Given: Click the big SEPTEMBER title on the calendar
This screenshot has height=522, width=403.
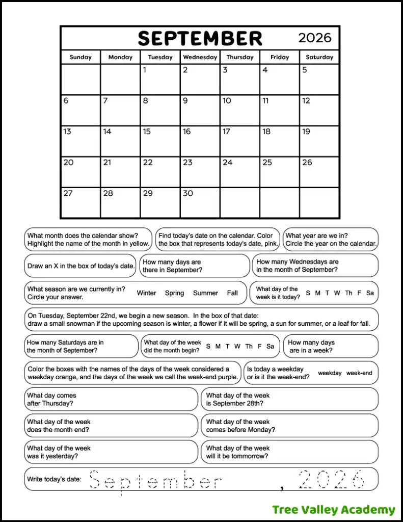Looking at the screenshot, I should [x=200, y=38].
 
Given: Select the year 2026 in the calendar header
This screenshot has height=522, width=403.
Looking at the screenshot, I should [x=314, y=38].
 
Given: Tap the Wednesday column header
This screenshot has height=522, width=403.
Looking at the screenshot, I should [x=200, y=57].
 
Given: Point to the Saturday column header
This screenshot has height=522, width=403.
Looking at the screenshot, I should [x=319, y=57].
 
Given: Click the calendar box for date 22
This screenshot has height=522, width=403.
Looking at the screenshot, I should [x=160, y=172].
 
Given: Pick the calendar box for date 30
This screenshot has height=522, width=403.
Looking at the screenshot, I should [x=200, y=202].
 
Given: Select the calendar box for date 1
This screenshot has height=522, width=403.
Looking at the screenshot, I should [x=160, y=80].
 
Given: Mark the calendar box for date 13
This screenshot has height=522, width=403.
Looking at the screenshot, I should [x=80, y=141].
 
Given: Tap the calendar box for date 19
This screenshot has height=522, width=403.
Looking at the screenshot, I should [x=319, y=141].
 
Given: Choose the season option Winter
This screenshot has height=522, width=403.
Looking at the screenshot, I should [x=146, y=293].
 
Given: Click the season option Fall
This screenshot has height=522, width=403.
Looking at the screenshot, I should [x=232, y=293].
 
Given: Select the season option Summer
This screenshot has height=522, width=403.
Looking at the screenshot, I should [x=205, y=293].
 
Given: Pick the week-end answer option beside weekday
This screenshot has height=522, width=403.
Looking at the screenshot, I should [x=359, y=373].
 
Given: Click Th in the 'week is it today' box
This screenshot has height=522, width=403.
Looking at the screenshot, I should [x=348, y=293].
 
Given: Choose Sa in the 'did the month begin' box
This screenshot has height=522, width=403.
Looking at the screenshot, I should [x=270, y=347].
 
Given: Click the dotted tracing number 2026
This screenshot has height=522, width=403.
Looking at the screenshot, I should [x=332, y=480].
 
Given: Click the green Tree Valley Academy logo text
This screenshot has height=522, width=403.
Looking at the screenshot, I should [x=333, y=510].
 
